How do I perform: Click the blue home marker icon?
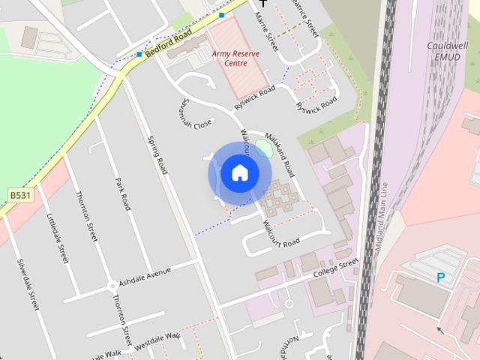click(x=239, y=173)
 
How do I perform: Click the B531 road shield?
click(x=21, y=195)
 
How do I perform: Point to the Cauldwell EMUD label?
click(x=448, y=50)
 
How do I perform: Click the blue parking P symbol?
click(x=441, y=277)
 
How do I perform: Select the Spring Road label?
click(x=157, y=155)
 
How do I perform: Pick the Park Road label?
click(x=123, y=193)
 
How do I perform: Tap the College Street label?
click(x=336, y=268)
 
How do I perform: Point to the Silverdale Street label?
click(x=28, y=286)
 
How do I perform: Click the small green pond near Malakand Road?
click(x=263, y=148)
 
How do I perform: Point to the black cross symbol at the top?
click(x=262, y=3)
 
